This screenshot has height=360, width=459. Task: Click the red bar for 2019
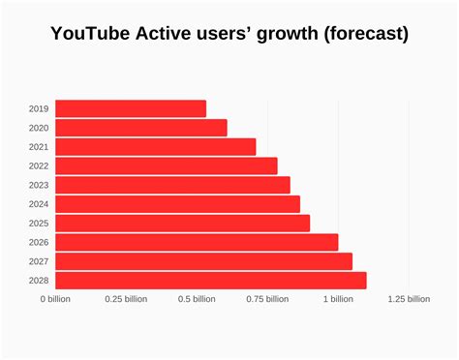pos(131,108)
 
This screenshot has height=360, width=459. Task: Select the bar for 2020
pos(141,128)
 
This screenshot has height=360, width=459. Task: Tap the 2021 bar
pos(156,147)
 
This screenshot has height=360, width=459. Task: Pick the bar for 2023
pos(172,185)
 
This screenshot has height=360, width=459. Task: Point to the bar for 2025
pos(182,223)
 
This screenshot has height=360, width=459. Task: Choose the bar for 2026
pos(197,242)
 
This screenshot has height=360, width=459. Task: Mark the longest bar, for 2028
pos(210,280)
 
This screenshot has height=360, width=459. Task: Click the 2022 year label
pos(39,165)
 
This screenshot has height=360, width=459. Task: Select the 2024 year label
pos(39,204)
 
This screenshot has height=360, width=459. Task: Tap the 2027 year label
pos(39,261)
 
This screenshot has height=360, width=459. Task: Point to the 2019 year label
pos(39,108)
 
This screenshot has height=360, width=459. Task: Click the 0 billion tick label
pos(55,299)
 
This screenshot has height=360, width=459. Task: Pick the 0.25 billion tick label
pos(126,299)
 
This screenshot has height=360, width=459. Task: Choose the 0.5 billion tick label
pos(197,299)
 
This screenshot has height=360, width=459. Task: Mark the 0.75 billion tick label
pos(267,299)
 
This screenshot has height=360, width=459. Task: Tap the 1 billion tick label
pos(338,299)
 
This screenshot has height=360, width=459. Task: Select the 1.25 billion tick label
pos(409,299)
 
